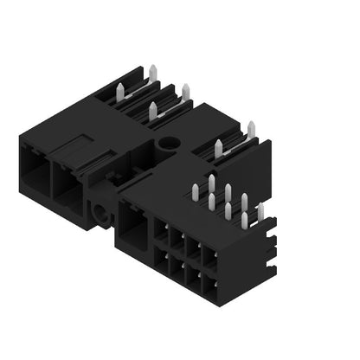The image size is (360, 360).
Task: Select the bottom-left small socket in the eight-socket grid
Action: (x=162, y=260)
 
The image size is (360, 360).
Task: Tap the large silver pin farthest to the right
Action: (x=251, y=129)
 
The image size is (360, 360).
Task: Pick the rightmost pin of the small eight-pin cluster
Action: (x=260, y=210)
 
